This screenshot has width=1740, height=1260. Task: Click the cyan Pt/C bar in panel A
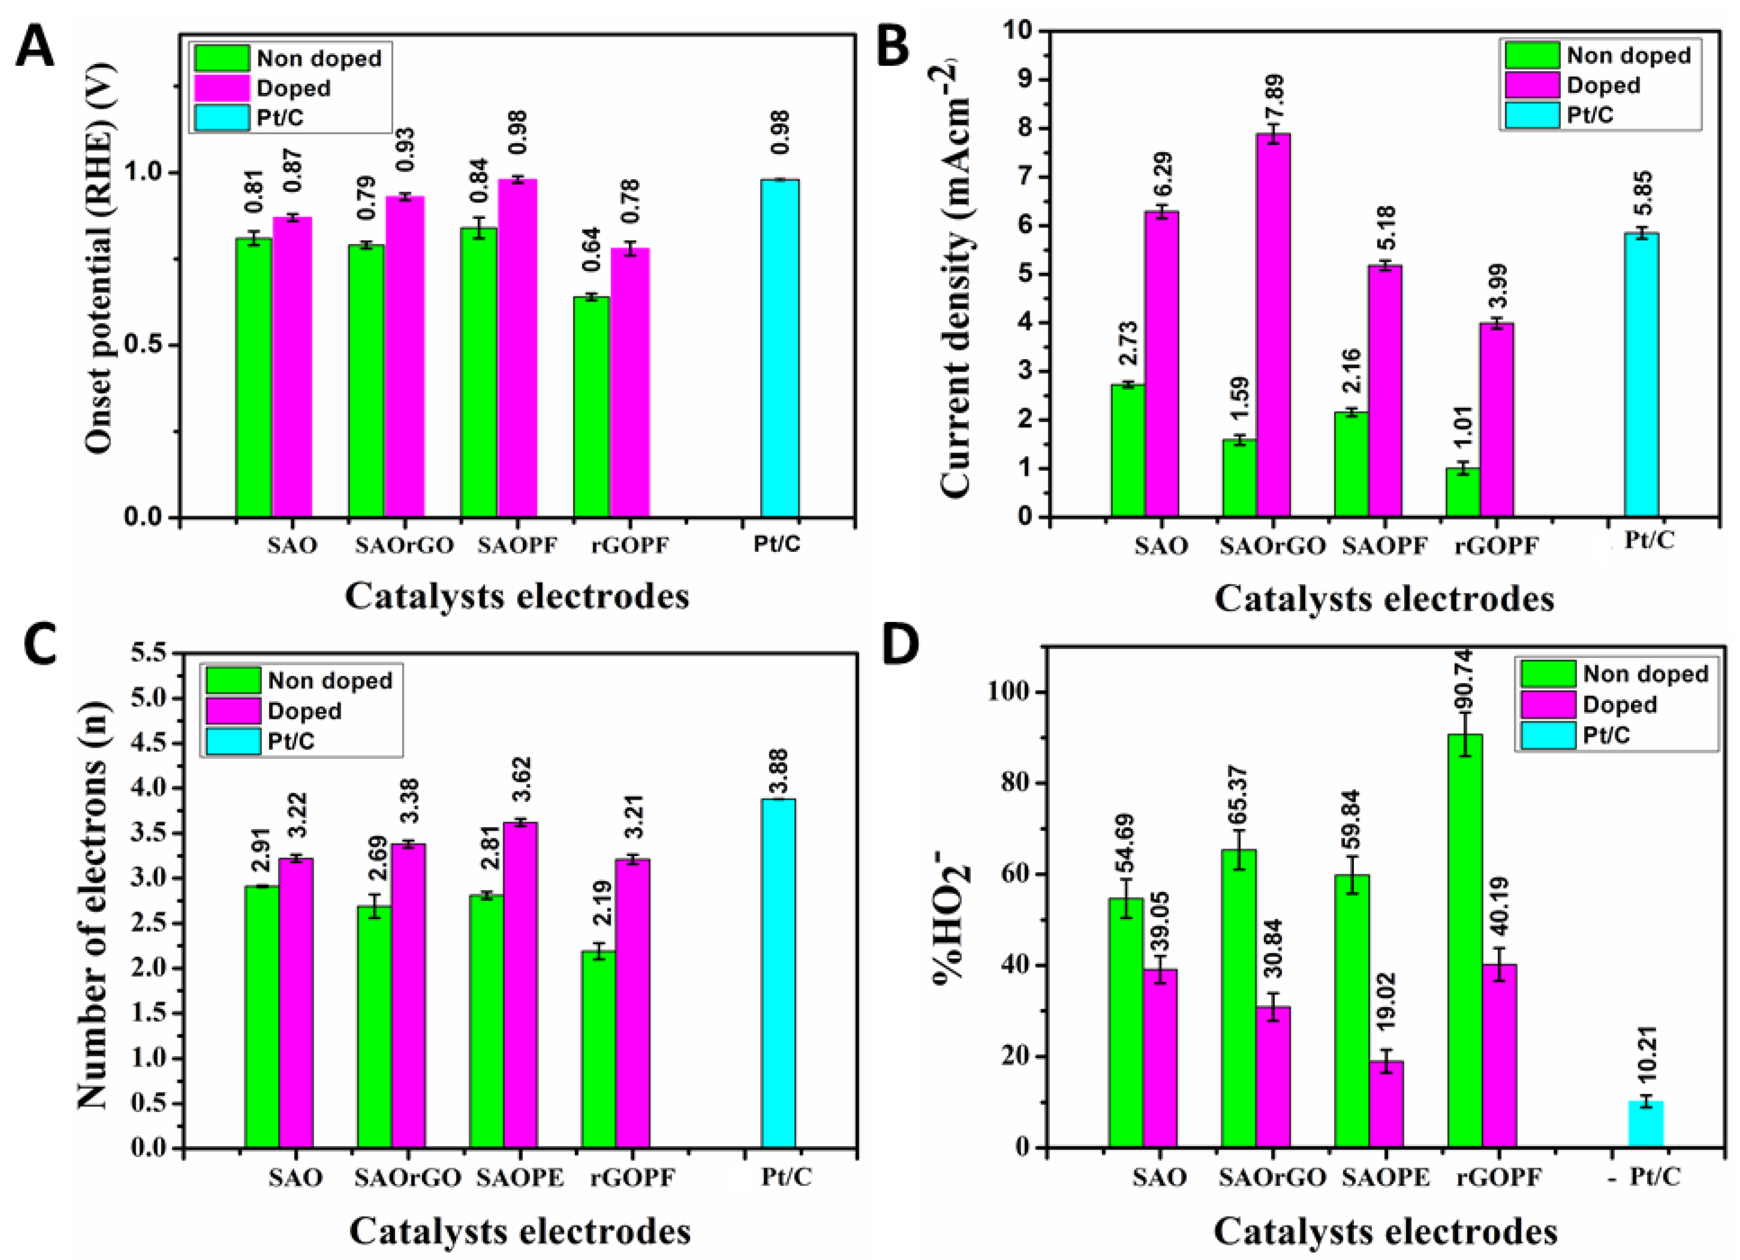[x=779, y=348]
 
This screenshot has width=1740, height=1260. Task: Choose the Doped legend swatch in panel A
[x=221, y=88]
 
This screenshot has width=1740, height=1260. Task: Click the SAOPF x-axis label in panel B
[x=1385, y=546]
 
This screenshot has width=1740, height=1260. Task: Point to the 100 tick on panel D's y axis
[x=1011, y=692]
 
